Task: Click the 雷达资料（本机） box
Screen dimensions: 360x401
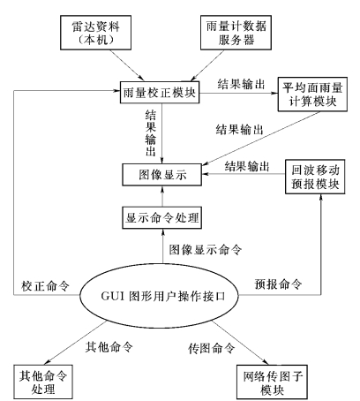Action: [x=96, y=33]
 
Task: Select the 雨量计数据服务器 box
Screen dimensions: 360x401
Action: [x=236, y=33]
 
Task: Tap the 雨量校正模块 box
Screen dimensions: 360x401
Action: [x=160, y=93]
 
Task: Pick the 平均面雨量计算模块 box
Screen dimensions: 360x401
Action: [x=312, y=95]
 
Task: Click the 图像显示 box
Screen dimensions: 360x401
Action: [x=162, y=175]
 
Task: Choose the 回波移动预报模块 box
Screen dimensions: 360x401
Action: [x=315, y=177]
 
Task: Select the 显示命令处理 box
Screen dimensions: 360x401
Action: [x=162, y=217]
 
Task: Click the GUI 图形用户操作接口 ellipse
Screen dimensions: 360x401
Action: [x=159, y=296]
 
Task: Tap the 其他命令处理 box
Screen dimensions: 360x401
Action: [x=43, y=382]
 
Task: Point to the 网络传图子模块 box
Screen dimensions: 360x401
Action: [x=272, y=382]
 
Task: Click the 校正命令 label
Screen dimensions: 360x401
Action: [x=45, y=286]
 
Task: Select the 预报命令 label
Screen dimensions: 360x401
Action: [x=278, y=284]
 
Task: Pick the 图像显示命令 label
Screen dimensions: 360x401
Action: [x=206, y=250]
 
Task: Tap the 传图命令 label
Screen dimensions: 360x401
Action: [x=212, y=348]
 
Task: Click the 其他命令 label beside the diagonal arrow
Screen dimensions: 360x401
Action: [x=109, y=347]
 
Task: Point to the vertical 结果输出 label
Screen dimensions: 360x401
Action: [x=151, y=132]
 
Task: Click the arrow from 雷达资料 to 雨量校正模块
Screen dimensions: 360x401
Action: [x=127, y=65]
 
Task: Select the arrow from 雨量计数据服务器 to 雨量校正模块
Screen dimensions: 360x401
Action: [x=207, y=65]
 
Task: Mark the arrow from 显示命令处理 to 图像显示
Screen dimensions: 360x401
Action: [x=162, y=196]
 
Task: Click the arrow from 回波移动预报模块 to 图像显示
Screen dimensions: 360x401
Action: [x=244, y=174]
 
